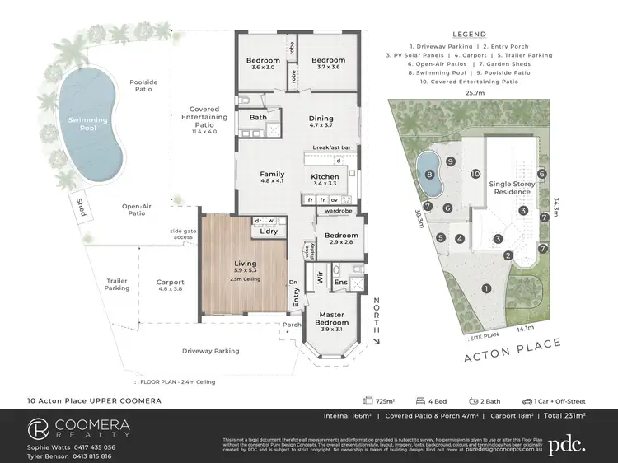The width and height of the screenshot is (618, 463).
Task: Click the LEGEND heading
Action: (x=469, y=35)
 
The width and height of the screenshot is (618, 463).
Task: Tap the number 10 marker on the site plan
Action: (x=475, y=174)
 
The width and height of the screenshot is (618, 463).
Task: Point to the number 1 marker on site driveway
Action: (x=486, y=288)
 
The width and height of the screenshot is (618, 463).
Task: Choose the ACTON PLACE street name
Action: (x=513, y=350)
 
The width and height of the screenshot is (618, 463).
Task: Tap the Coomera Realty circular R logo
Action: (x=38, y=428)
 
